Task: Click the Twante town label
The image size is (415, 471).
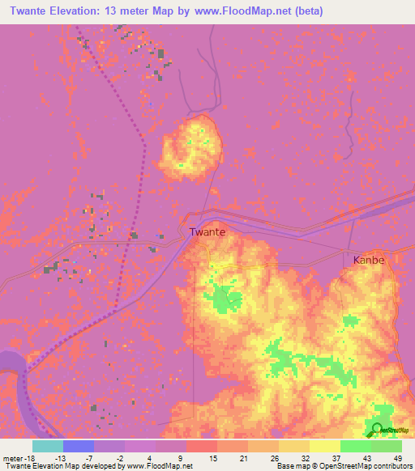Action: point(207,231)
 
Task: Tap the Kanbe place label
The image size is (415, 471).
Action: point(368,261)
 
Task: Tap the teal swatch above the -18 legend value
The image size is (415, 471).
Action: point(48,446)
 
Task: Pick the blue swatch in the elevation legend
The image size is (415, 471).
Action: point(79,446)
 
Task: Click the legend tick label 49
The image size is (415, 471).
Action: point(396,457)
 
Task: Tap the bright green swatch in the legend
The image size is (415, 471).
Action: point(356,446)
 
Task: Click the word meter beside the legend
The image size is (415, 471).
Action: point(13,457)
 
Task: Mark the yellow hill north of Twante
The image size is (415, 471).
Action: point(193,146)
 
